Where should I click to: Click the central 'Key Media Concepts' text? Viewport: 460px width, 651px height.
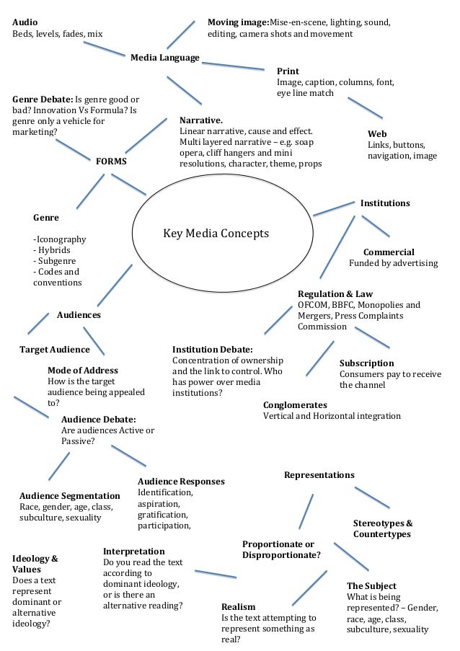[216, 234]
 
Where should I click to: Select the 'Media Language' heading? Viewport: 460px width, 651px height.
[164, 58]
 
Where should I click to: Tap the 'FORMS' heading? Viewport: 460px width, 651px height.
[111, 161]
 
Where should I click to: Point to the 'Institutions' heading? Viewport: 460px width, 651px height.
[385, 203]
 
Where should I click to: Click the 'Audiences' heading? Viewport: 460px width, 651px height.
[79, 315]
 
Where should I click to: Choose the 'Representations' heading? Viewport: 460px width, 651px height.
[319, 475]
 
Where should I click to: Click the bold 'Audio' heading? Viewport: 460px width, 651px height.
[25, 22]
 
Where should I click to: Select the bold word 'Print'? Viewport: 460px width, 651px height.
[288, 71]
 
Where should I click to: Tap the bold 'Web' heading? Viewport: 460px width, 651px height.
[377, 134]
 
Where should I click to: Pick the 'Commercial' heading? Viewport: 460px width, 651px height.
[389, 252]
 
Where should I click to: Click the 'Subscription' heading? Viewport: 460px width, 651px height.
[366, 363]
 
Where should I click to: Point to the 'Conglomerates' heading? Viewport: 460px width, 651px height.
[295, 405]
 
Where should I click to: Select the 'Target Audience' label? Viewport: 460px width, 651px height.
[54, 350]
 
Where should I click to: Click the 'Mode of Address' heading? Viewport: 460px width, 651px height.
[83, 371]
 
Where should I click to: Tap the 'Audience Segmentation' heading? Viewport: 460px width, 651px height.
[70, 496]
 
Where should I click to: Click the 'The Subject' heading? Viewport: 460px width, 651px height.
[371, 586]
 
